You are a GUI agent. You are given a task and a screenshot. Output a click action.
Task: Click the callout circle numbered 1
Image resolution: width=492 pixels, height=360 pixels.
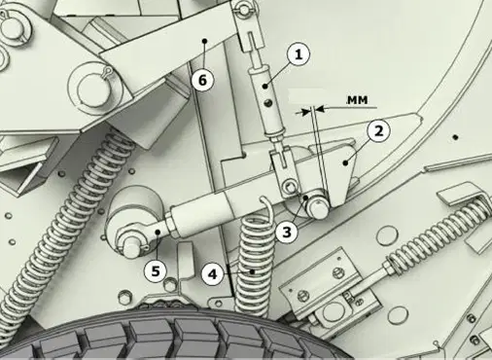299,54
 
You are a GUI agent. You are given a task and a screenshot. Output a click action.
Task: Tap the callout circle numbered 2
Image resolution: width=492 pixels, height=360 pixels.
378,131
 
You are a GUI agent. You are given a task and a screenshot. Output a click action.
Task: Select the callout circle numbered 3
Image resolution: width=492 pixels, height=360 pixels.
287,233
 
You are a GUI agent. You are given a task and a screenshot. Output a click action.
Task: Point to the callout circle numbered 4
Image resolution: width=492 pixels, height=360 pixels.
213,274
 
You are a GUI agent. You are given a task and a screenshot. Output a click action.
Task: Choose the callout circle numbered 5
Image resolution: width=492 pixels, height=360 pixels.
156,271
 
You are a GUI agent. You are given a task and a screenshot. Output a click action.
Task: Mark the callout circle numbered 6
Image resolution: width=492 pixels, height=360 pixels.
202,80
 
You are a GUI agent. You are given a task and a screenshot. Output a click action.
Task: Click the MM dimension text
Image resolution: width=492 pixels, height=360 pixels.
358,100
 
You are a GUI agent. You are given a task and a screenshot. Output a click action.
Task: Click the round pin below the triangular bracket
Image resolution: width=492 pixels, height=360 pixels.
318,207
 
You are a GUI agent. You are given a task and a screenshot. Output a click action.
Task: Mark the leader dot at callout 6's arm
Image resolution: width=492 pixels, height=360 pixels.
204,41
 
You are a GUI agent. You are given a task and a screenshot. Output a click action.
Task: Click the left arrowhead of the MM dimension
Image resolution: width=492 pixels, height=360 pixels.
305,112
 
